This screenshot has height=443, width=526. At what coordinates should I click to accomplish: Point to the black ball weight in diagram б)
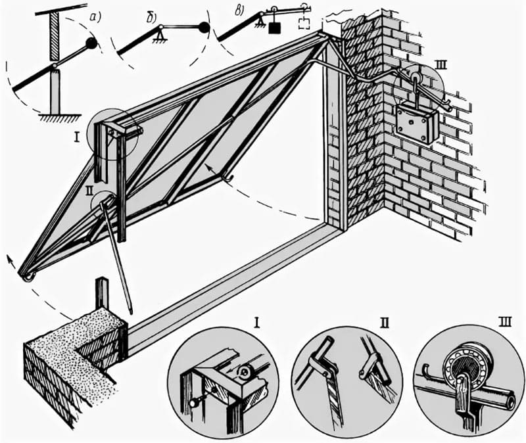click(x=204, y=28)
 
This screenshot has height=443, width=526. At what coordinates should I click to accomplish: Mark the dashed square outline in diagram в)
click(x=304, y=24)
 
